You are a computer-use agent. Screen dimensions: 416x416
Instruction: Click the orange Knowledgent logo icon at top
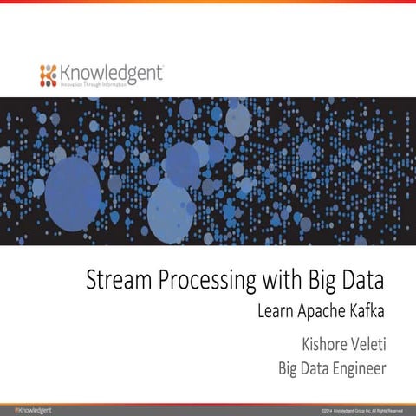pyautogui.click(x=48, y=75)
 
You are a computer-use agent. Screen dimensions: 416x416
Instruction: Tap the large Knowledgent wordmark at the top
pyautogui.click(x=111, y=73)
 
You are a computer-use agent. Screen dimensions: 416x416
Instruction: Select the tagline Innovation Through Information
pyautogui.click(x=95, y=86)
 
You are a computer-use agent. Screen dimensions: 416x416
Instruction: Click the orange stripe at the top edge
pyautogui.click(x=208, y=3)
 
